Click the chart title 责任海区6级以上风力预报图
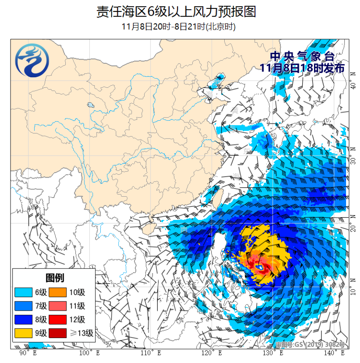176,11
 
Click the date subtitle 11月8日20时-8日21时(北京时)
178,27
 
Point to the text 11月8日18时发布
302,68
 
